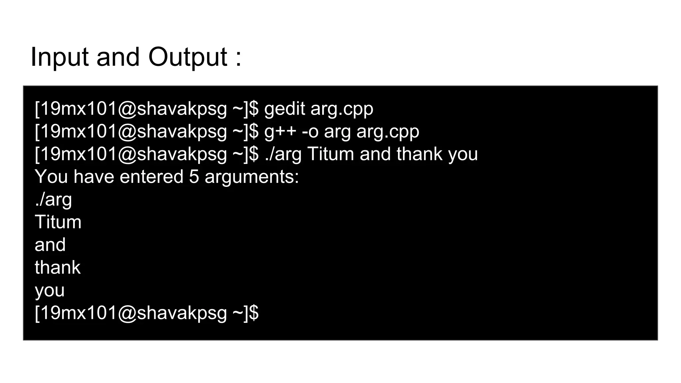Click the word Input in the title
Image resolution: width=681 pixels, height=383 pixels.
59,57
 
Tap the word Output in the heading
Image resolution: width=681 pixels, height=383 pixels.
188,57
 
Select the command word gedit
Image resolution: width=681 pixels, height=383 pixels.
284,109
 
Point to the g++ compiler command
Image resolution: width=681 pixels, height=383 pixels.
280,132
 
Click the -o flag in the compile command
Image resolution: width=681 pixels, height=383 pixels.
310,132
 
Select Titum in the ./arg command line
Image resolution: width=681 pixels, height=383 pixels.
331,154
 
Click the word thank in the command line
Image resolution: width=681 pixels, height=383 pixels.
419,154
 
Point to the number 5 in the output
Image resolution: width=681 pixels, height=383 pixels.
194,177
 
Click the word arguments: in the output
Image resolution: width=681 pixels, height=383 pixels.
252,177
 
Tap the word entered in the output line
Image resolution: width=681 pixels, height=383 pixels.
151,177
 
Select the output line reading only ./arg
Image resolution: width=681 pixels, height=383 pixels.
53,200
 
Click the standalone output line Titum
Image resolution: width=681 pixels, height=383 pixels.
58,222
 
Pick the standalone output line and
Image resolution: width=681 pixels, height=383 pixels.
50,245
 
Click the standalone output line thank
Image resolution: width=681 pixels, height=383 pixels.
58,267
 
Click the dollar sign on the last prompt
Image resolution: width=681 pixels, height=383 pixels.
254,313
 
